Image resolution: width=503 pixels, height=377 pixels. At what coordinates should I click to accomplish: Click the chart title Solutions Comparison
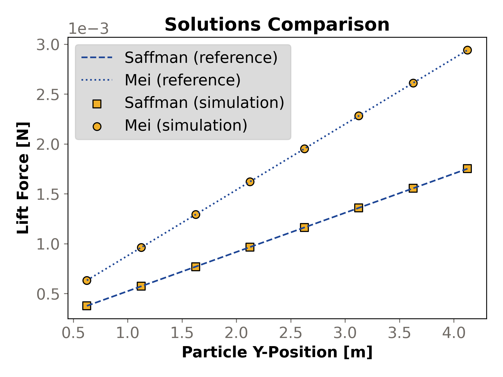coord(277,25)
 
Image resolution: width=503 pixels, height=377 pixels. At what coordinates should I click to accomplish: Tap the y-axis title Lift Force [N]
coord(23,178)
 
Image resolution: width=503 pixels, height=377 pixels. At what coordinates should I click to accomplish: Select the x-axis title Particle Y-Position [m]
coord(277,352)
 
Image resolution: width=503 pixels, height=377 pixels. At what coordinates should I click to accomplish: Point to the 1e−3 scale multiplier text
coord(88,29)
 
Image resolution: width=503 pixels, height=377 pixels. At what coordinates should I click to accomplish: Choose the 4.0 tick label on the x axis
coord(454,333)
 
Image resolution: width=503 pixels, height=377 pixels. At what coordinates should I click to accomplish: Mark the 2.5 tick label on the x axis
coord(291,333)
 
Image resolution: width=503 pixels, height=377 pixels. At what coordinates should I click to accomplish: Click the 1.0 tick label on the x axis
coord(127,333)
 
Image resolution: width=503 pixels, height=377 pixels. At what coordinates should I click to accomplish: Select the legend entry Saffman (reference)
coord(201,57)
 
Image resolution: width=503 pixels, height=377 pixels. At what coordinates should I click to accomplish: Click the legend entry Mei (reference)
coord(183,80)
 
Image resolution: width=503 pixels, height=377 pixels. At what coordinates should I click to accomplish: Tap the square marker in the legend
coord(97,104)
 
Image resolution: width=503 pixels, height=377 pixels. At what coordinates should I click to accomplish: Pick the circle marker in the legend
coord(97,126)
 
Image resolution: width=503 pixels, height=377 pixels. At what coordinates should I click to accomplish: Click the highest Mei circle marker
coord(467,50)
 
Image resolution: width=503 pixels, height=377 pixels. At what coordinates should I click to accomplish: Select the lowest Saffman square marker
coord(87,306)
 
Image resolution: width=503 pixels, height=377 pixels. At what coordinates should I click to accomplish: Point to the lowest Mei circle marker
coord(87,280)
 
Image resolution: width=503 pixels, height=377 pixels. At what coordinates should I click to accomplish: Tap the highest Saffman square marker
coord(467,168)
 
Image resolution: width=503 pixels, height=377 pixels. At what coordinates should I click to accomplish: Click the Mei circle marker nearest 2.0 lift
coord(304,149)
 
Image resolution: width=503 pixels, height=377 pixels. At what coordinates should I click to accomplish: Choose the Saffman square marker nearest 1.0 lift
coord(250,247)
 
